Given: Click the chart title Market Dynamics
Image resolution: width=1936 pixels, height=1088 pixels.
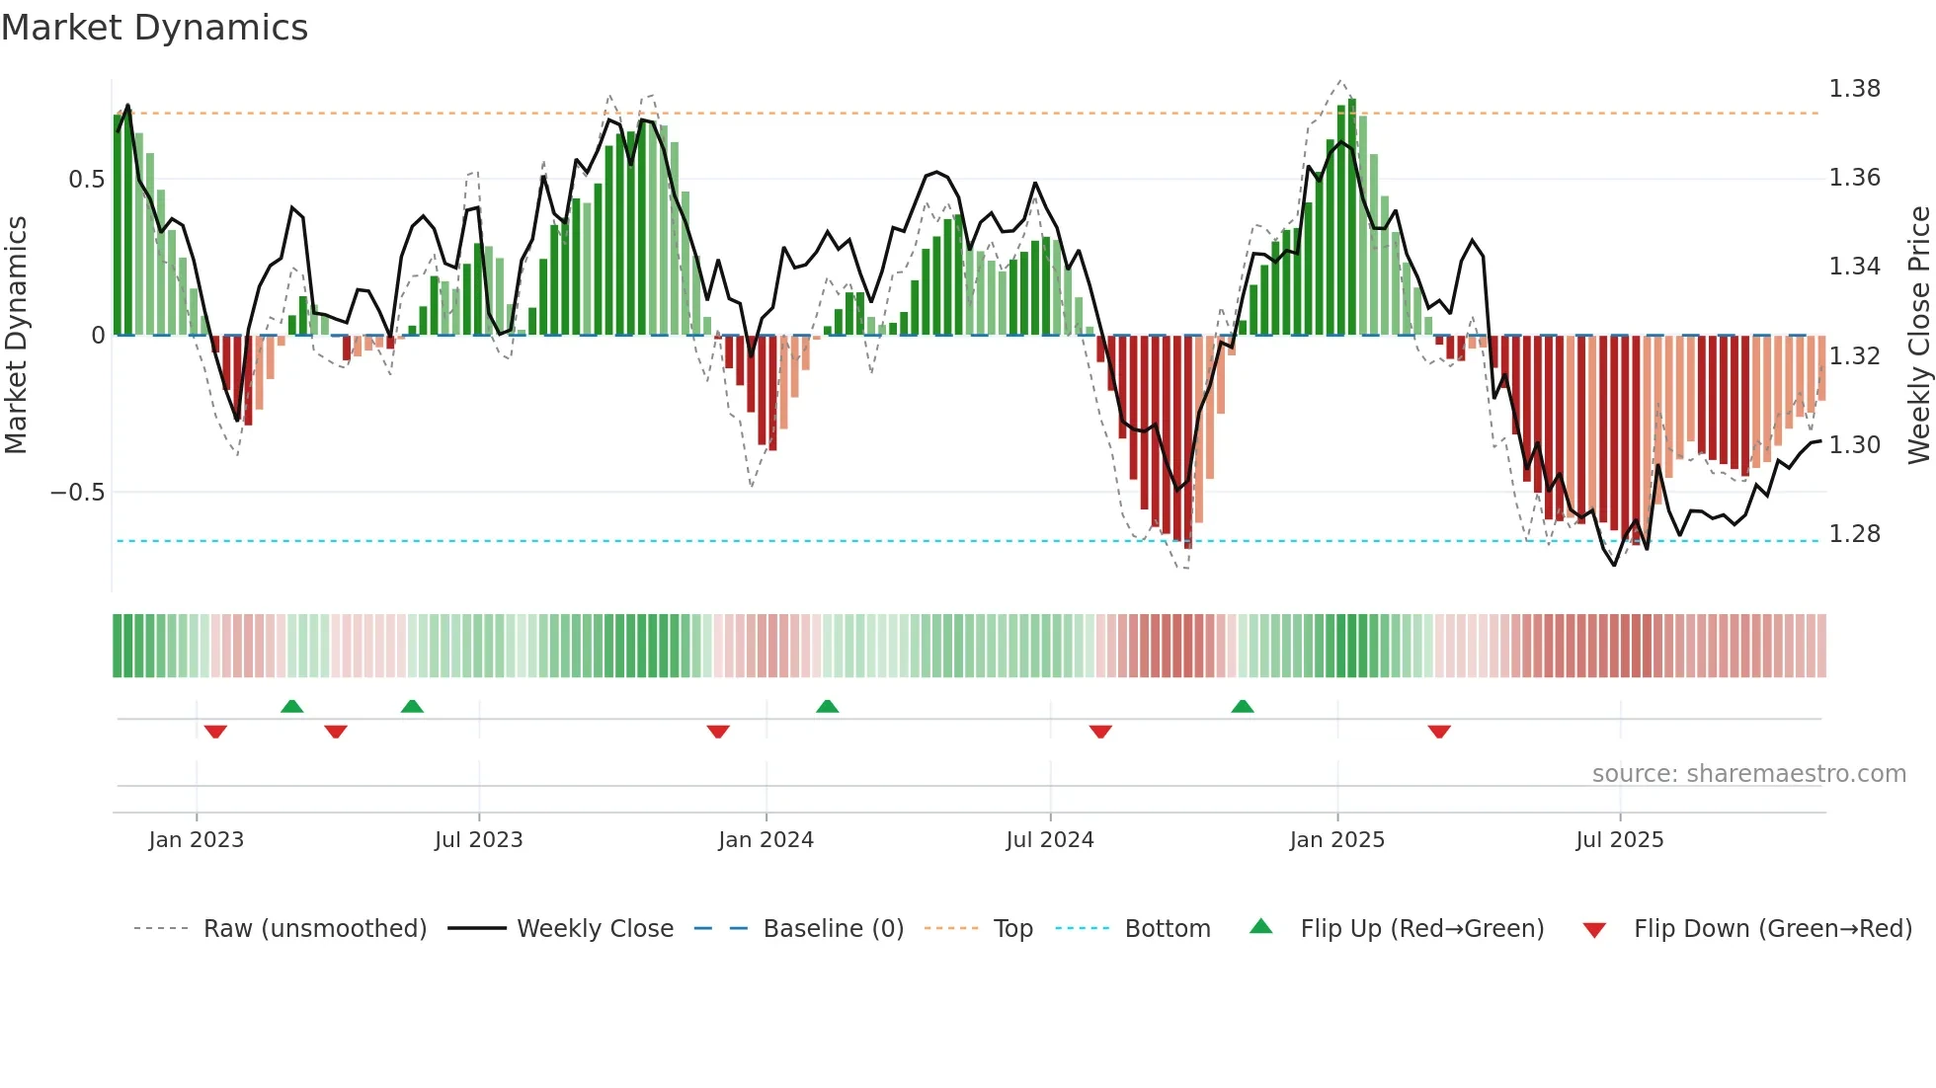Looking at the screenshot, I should [x=154, y=28].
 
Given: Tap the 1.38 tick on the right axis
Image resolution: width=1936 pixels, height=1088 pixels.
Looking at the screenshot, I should [x=1854, y=89].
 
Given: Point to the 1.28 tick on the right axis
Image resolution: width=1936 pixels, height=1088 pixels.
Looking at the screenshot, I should [x=1854, y=534].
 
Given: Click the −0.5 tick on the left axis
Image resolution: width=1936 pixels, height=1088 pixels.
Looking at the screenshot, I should [x=77, y=493].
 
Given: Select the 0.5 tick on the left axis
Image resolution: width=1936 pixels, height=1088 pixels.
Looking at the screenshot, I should [x=86, y=180].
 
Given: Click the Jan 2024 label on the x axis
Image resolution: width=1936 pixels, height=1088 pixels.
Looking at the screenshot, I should [x=766, y=840].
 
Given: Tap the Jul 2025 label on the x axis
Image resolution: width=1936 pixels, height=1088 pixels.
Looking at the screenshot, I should [x=1619, y=840].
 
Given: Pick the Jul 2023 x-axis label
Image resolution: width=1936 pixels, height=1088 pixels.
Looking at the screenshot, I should [x=478, y=840].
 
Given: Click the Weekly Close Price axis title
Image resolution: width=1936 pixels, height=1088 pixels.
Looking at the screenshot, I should [x=1918, y=335].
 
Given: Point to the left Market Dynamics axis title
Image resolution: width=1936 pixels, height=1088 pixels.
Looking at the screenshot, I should [x=16, y=335].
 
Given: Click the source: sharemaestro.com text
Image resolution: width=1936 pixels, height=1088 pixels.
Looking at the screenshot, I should [x=1748, y=774].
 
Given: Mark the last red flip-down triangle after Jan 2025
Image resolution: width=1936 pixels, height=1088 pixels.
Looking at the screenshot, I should [x=1438, y=732].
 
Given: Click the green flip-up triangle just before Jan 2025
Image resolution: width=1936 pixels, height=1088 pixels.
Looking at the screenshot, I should [x=1243, y=706].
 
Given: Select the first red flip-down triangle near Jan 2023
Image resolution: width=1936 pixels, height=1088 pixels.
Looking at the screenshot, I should [x=215, y=732].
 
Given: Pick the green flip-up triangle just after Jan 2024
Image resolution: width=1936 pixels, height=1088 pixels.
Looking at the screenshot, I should [x=827, y=706].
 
